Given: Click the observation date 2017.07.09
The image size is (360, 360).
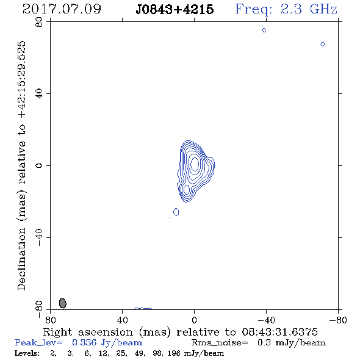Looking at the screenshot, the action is coord(62,9).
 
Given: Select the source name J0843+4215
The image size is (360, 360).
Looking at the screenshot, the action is coord(175,9).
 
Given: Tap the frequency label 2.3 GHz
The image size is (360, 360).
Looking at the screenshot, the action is coord(309,9).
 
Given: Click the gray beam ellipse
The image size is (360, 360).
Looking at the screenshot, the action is coord(63,303).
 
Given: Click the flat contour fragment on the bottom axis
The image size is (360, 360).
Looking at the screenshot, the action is coord(143,308).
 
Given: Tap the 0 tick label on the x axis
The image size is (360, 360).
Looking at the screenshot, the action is coord(194,320).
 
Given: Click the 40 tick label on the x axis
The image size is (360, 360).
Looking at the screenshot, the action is coord(122,320).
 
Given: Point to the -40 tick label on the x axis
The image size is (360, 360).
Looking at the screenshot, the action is coord(266,320).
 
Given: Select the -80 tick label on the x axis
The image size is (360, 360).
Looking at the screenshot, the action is coord(338,320).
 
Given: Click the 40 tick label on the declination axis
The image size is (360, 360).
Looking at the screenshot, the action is coord(39,94).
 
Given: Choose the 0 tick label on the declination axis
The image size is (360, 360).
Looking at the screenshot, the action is coord(39,165).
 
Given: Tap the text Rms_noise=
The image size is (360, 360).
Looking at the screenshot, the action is coord(220,343).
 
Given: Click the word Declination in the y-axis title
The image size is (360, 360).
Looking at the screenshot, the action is coord(21,259).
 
